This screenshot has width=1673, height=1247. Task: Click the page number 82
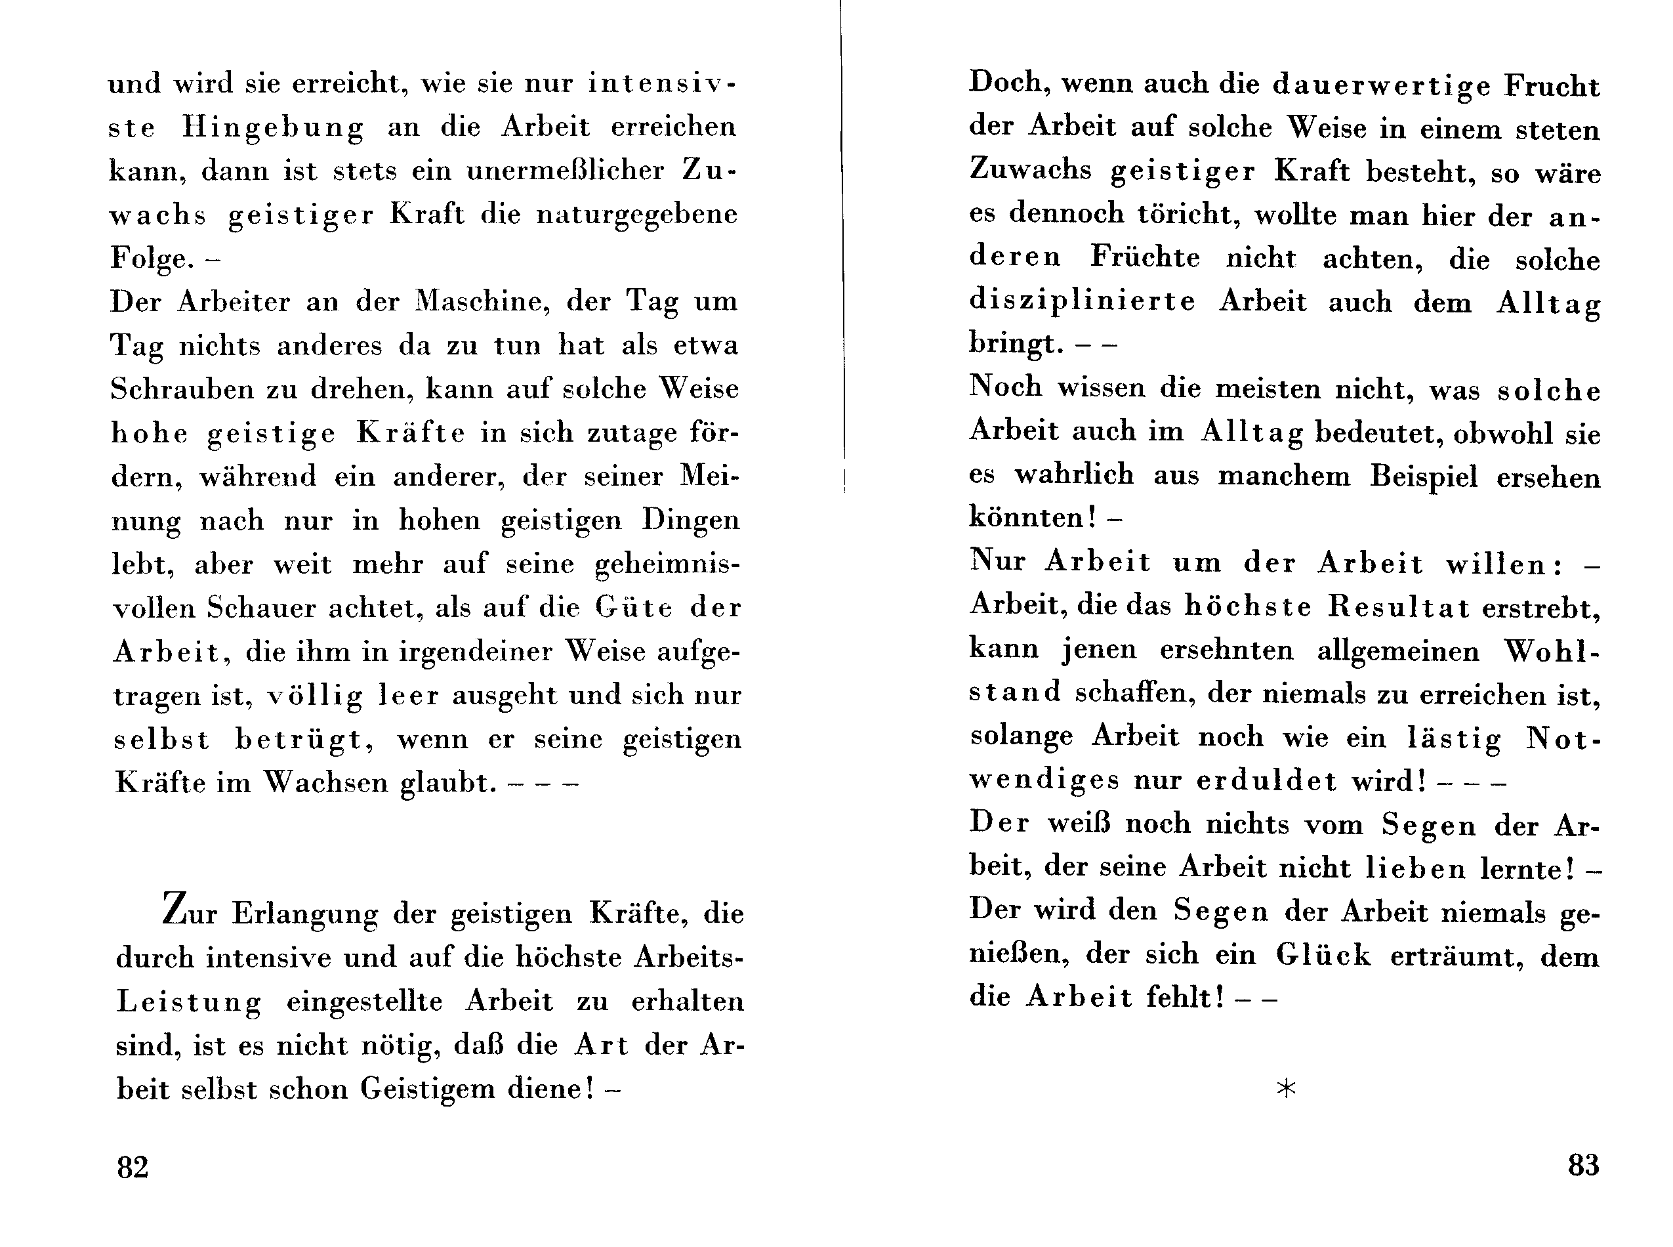[132, 1167]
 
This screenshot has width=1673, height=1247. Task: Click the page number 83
[1582, 1166]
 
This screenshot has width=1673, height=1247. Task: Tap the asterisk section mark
[1286, 1088]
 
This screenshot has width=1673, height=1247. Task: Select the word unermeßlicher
[566, 171]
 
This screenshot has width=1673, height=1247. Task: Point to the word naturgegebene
[637, 215]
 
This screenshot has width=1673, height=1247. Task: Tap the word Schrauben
[180, 389]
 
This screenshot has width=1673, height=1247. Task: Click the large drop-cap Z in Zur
[175, 909]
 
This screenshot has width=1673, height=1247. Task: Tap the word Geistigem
[426, 1089]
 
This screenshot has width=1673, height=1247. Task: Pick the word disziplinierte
[1082, 302]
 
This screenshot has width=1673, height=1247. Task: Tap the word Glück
[1323, 956]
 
